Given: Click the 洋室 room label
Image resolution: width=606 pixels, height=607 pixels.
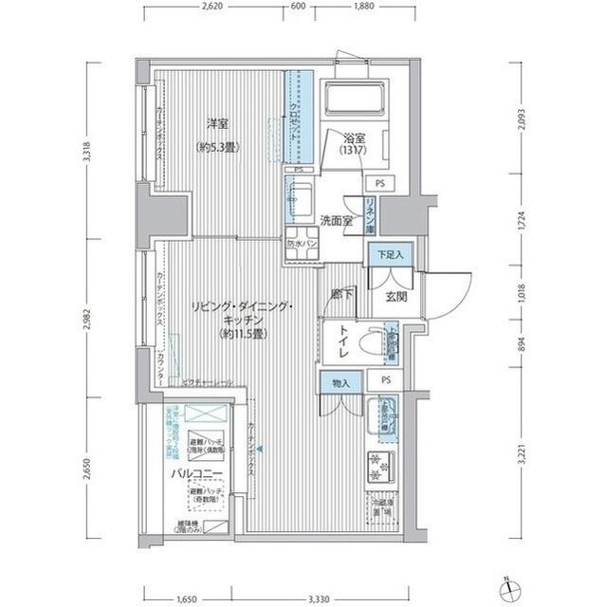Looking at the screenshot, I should [218, 123].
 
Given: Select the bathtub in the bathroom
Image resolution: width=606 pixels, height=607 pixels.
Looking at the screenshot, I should [353, 99].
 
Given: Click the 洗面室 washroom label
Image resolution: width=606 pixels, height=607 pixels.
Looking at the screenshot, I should [336, 221].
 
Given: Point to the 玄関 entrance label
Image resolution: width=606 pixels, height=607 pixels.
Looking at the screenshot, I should [395, 295].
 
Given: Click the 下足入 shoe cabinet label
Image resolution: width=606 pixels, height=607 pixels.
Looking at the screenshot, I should [386, 254].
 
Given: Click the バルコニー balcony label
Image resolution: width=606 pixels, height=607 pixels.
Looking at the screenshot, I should [196, 472].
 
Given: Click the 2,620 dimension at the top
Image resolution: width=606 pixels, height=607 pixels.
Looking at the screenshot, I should [211, 7].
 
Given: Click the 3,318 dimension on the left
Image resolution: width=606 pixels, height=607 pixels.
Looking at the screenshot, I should [86, 154].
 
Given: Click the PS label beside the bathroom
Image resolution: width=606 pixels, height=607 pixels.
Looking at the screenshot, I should [379, 182].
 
